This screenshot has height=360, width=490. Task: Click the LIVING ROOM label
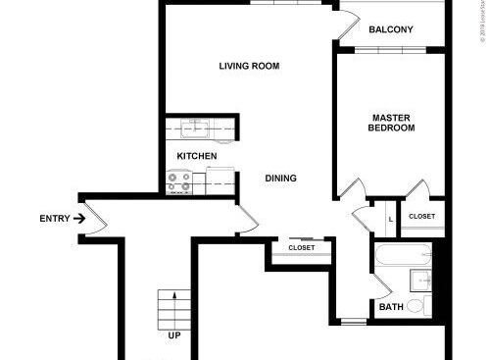pos(249,67)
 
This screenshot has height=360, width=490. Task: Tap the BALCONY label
pos(390,29)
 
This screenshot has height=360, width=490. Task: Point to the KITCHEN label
pos(196,157)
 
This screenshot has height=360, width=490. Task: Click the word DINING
pos(280,179)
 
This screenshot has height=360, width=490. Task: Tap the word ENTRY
pos(53,218)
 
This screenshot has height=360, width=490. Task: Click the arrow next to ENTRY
pos(78,218)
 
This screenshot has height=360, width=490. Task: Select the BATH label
pos(391,307)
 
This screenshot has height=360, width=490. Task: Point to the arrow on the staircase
pos(174,297)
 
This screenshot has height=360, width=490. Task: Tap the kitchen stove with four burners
pos(178,181)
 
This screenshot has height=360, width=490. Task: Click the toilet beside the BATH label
pos(416,306)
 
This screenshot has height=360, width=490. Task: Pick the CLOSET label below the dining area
pos(302,248)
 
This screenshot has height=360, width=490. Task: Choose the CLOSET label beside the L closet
pos(421,216)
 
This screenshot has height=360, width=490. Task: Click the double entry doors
pos(94,218)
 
